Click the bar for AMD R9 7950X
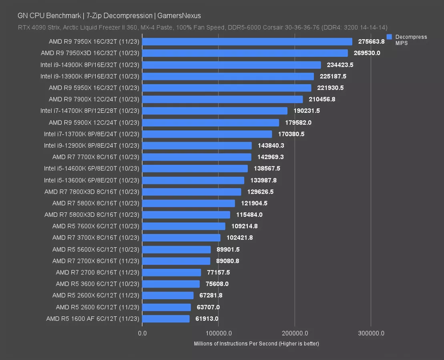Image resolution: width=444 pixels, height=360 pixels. coord(247,42)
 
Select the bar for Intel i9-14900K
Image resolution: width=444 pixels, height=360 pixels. coord(231,65)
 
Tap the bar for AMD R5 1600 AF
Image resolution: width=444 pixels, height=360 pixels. coord(166,319)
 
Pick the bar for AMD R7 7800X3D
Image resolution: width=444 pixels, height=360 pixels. coord(191,192)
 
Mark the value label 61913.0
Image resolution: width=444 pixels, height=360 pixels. coord(207,319)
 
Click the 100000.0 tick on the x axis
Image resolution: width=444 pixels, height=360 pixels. coord(218,333)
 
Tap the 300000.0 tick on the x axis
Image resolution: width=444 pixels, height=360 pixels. coord(371,333)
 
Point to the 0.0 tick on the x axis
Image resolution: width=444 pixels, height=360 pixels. coord(142,333)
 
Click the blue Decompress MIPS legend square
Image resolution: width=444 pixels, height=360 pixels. coord(389,37)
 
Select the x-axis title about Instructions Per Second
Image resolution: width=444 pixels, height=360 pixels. coord(256,344)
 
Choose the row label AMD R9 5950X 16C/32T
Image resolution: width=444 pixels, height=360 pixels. coord(94,88)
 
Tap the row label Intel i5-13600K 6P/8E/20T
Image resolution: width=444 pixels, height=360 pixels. coord(92,180)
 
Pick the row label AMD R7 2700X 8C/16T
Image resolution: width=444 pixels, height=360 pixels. coord(96,261)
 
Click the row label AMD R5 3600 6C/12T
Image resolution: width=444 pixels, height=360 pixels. coord(98,284)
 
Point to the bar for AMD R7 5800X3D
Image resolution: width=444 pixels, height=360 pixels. coord(186,215)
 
